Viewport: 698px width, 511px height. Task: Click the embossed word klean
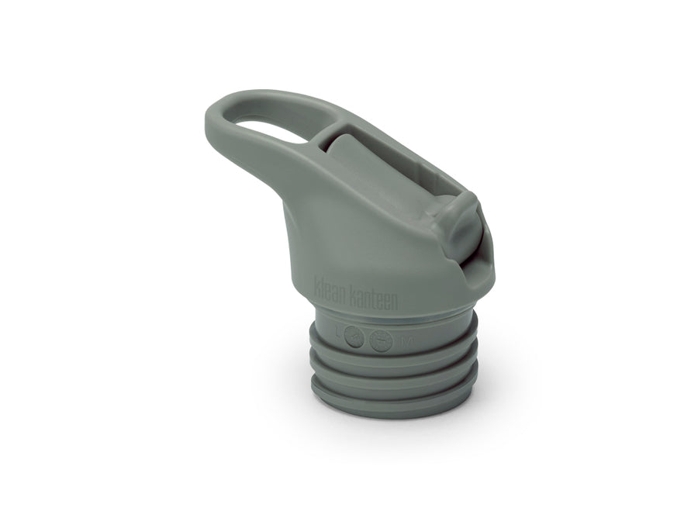(332, 285)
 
